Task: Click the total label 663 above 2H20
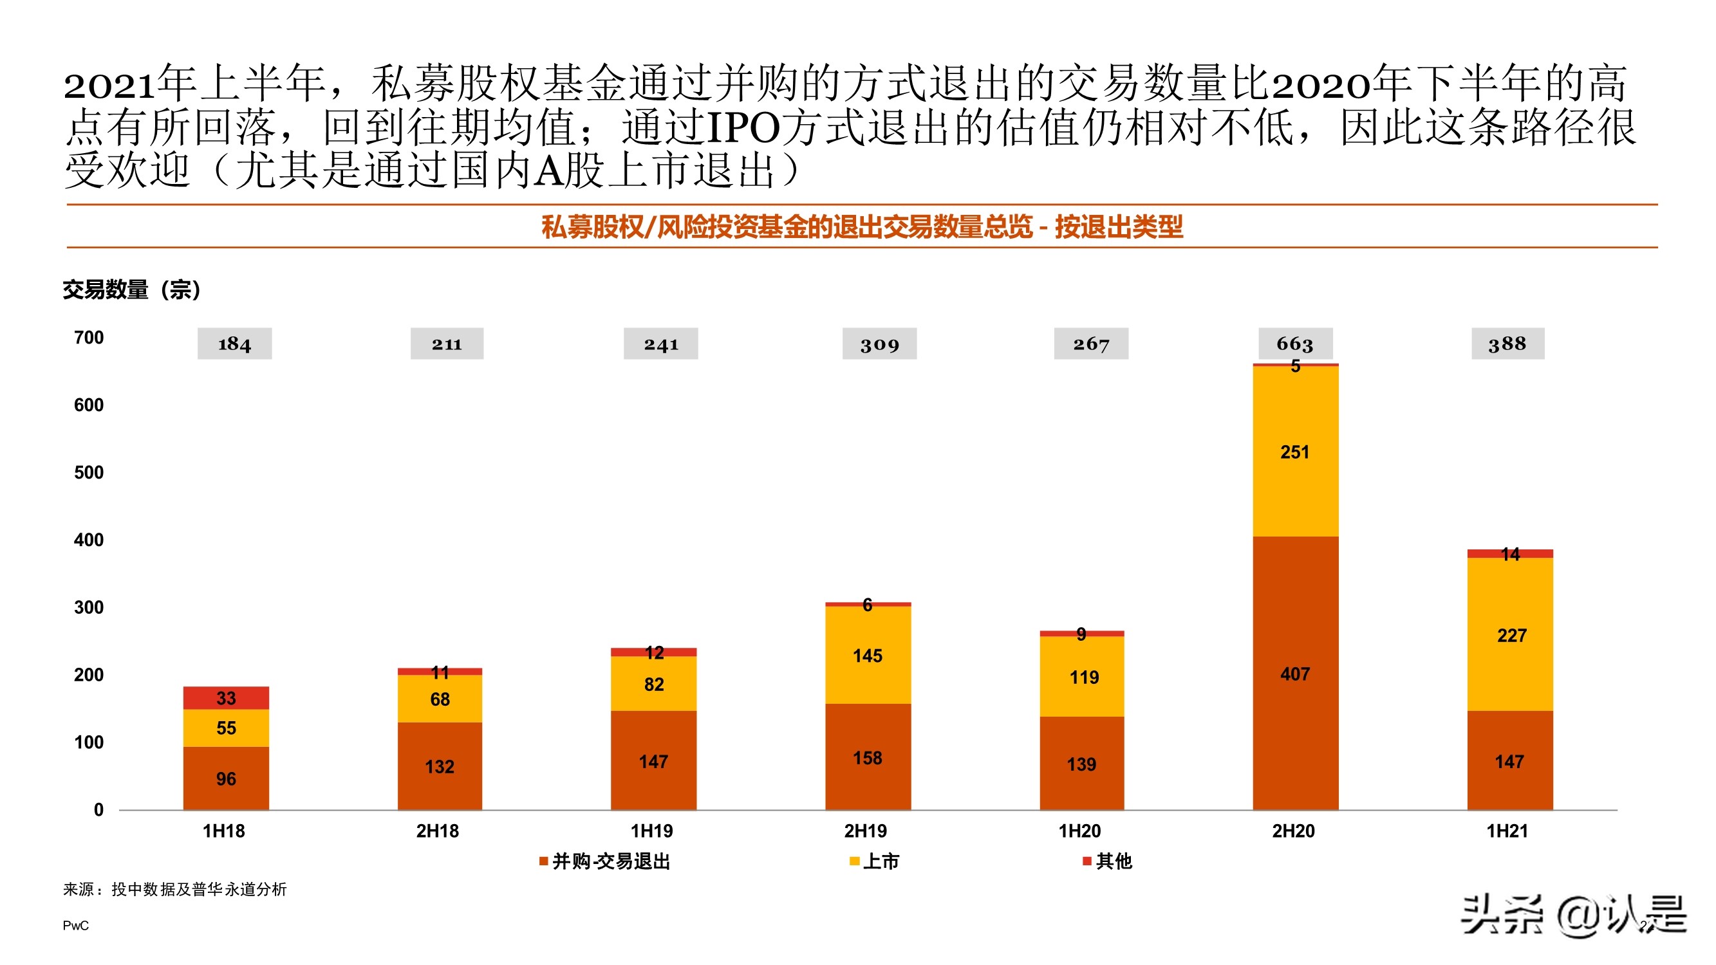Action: [x=1294, y=344]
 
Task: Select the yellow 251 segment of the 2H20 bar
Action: [x=1294, y=452]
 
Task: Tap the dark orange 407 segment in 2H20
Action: [x=1294, y=674]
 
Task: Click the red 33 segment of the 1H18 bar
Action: [x=226, y=697]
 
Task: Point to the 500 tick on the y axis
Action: [x=89, y=472]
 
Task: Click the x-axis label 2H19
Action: [x=865, y=831]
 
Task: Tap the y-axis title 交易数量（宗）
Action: [x=131, y=289]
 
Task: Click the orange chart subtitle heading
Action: [x=861, y=227]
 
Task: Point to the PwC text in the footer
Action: [x=75, y=925]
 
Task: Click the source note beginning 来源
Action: [x=174, y=889]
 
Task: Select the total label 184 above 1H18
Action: [x=234, y=344]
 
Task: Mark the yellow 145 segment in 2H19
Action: [x=867, y=655]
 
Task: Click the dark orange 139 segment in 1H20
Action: [x=1081, y=763]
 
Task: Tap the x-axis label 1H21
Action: [x=1507, y=831]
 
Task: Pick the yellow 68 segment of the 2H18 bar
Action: [x=440, y=699]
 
